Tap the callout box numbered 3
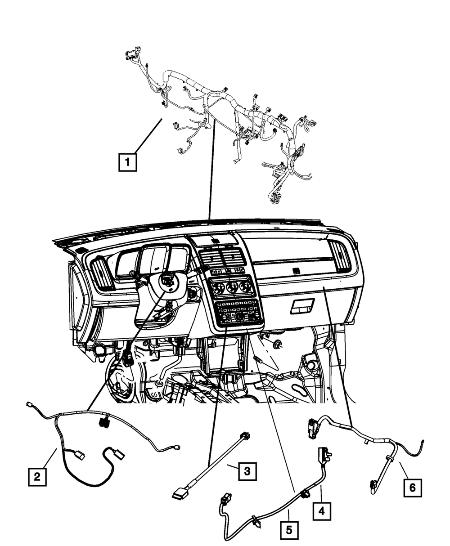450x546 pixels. click(x=247, y=471)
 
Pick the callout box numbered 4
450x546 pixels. click(x=322, y=510)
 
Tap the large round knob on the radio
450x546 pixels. click(x=239, y=317)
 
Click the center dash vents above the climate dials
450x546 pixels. click(x=220, y=259)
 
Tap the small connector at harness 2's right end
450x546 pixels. click(x=177, y=447)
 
